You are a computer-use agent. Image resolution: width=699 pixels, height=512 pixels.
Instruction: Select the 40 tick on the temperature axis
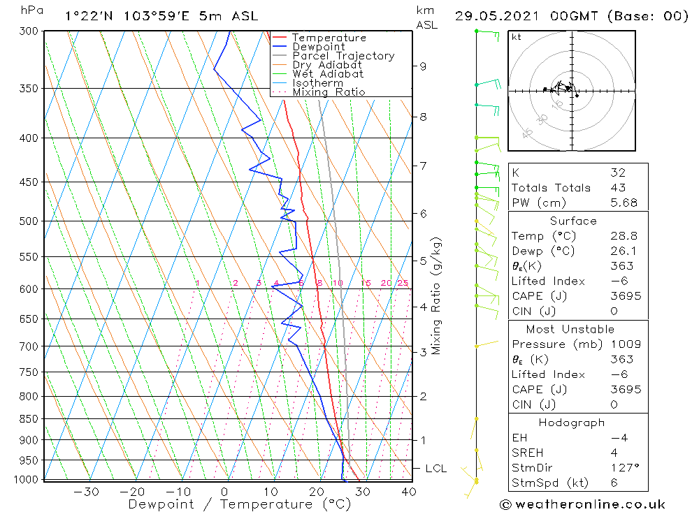click(x=409, y=492)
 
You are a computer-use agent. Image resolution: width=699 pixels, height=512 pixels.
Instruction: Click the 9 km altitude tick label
click(x=423, y=66)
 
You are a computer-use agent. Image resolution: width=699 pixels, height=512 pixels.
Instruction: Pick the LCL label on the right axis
click(x=435, y=469)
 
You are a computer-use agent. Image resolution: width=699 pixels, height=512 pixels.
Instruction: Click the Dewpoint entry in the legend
click(x=318, y=47)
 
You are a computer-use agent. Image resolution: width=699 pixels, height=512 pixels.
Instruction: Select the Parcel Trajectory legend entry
click(x=343, y=56)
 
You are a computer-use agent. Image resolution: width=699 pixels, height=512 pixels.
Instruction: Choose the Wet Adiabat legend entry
click(x=328, y=74)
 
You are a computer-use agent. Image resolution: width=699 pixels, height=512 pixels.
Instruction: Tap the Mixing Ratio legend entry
click(x=329, y=92)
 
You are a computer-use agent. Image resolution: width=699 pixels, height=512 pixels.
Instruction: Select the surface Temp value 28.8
click(x=624, y=236)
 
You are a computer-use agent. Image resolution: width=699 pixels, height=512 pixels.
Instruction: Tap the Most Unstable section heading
click(x=570, y=329)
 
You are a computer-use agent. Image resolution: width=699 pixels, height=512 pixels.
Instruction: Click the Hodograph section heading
click(x=571, y=423)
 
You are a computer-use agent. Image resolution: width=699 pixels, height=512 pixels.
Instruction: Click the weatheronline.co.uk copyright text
click(x=582, y=504)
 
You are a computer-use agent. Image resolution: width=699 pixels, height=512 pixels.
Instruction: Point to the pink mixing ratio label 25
click(x=403, y=283)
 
